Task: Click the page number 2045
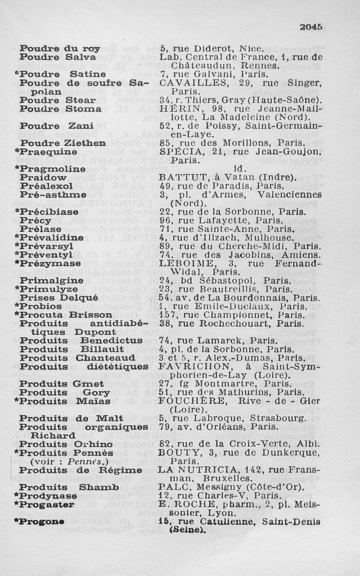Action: pos(311,27)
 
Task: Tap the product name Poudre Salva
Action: pos(58,58)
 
